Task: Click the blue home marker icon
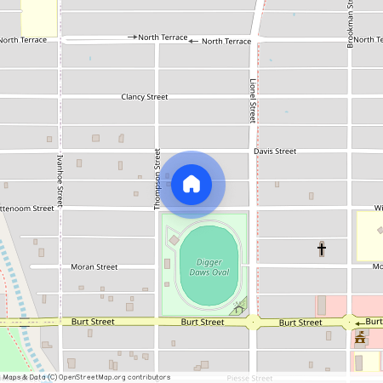pyautogui.click(x=191, y=184)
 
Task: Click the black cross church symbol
pyautogui.click(x=322, y=249)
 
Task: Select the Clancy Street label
pyautogui.click(x=145, y=97)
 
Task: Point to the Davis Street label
pyautogui.click(x=275, y=151)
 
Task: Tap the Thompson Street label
pyautogui.click(x=157, y=179)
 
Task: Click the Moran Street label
pyautogui.click(x=94, y=266)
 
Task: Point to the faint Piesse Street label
pyautogui.click(x=249, y=378)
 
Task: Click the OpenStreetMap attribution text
pyautogui.click(x=85, y=377)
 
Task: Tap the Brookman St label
pyautogui.click(x=349, y=24)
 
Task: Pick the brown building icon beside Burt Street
pyautogui.click(x=360, y=340)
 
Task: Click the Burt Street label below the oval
pyautogui.click(x=203, y=323)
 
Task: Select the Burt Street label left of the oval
pyautogui.click(x=93, y=323)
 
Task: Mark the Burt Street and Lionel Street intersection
pyautogui.click(x=253, y=323)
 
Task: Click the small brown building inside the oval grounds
pyautogui.click(x=174, y=241)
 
